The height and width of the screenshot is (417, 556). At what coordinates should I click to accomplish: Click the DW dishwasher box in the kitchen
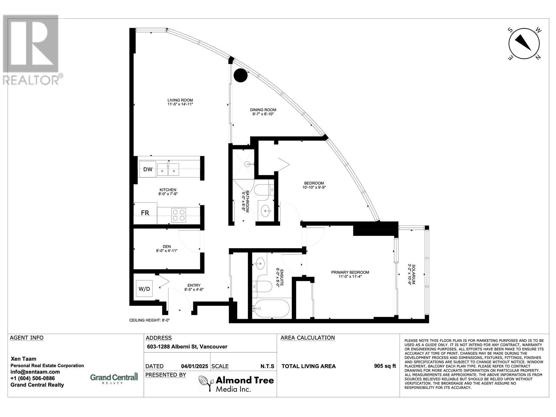click(148, 169)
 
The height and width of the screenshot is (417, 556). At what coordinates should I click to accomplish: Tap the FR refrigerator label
click(145, 213)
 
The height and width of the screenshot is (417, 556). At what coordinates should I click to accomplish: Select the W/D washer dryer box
click(144, 288)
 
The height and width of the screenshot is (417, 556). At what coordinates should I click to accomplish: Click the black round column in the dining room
click(240, 75)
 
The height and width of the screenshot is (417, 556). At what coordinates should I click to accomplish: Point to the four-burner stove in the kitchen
click(179, 215)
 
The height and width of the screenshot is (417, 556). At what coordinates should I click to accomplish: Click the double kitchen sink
click(168, 170)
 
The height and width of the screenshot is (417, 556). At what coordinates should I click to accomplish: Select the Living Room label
click(180, 100)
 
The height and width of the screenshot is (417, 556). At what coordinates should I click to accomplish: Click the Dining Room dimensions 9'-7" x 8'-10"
click(263, 114)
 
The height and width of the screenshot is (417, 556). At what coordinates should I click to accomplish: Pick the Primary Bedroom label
click(350, 272)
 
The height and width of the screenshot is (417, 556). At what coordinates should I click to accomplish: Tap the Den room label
click(166, 246)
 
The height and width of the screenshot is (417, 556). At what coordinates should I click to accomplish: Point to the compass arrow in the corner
click(524, 43)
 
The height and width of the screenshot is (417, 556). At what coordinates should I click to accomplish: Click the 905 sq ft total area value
click(385, 366)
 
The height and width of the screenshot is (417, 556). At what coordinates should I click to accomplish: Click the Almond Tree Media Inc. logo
click(236, 384)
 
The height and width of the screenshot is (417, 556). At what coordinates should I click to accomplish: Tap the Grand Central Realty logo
click(114, 378)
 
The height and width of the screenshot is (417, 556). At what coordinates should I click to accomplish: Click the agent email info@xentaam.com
click(33, 372)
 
